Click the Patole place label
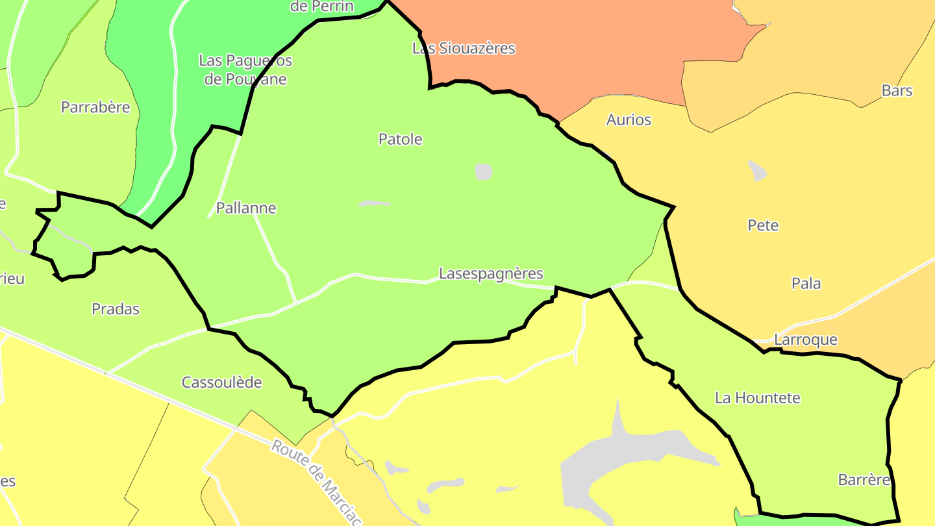point(400,139)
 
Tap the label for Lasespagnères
point(491,273)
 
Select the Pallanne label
point(246,208)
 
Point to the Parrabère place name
point(95,107)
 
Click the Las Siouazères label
point(464,48)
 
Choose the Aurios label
point(629,119)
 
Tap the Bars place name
point(897,90)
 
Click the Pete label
point(763,225)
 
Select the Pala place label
point(806,283)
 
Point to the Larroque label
point(806,340)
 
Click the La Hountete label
point(758,397)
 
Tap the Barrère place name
point(864,480)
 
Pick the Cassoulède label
point(221,382)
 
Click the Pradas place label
point(116,308)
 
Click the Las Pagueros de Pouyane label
point(245,70)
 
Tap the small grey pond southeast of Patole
point(483,171)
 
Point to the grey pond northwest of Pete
point(757,171)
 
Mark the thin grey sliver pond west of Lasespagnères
point(374,204)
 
